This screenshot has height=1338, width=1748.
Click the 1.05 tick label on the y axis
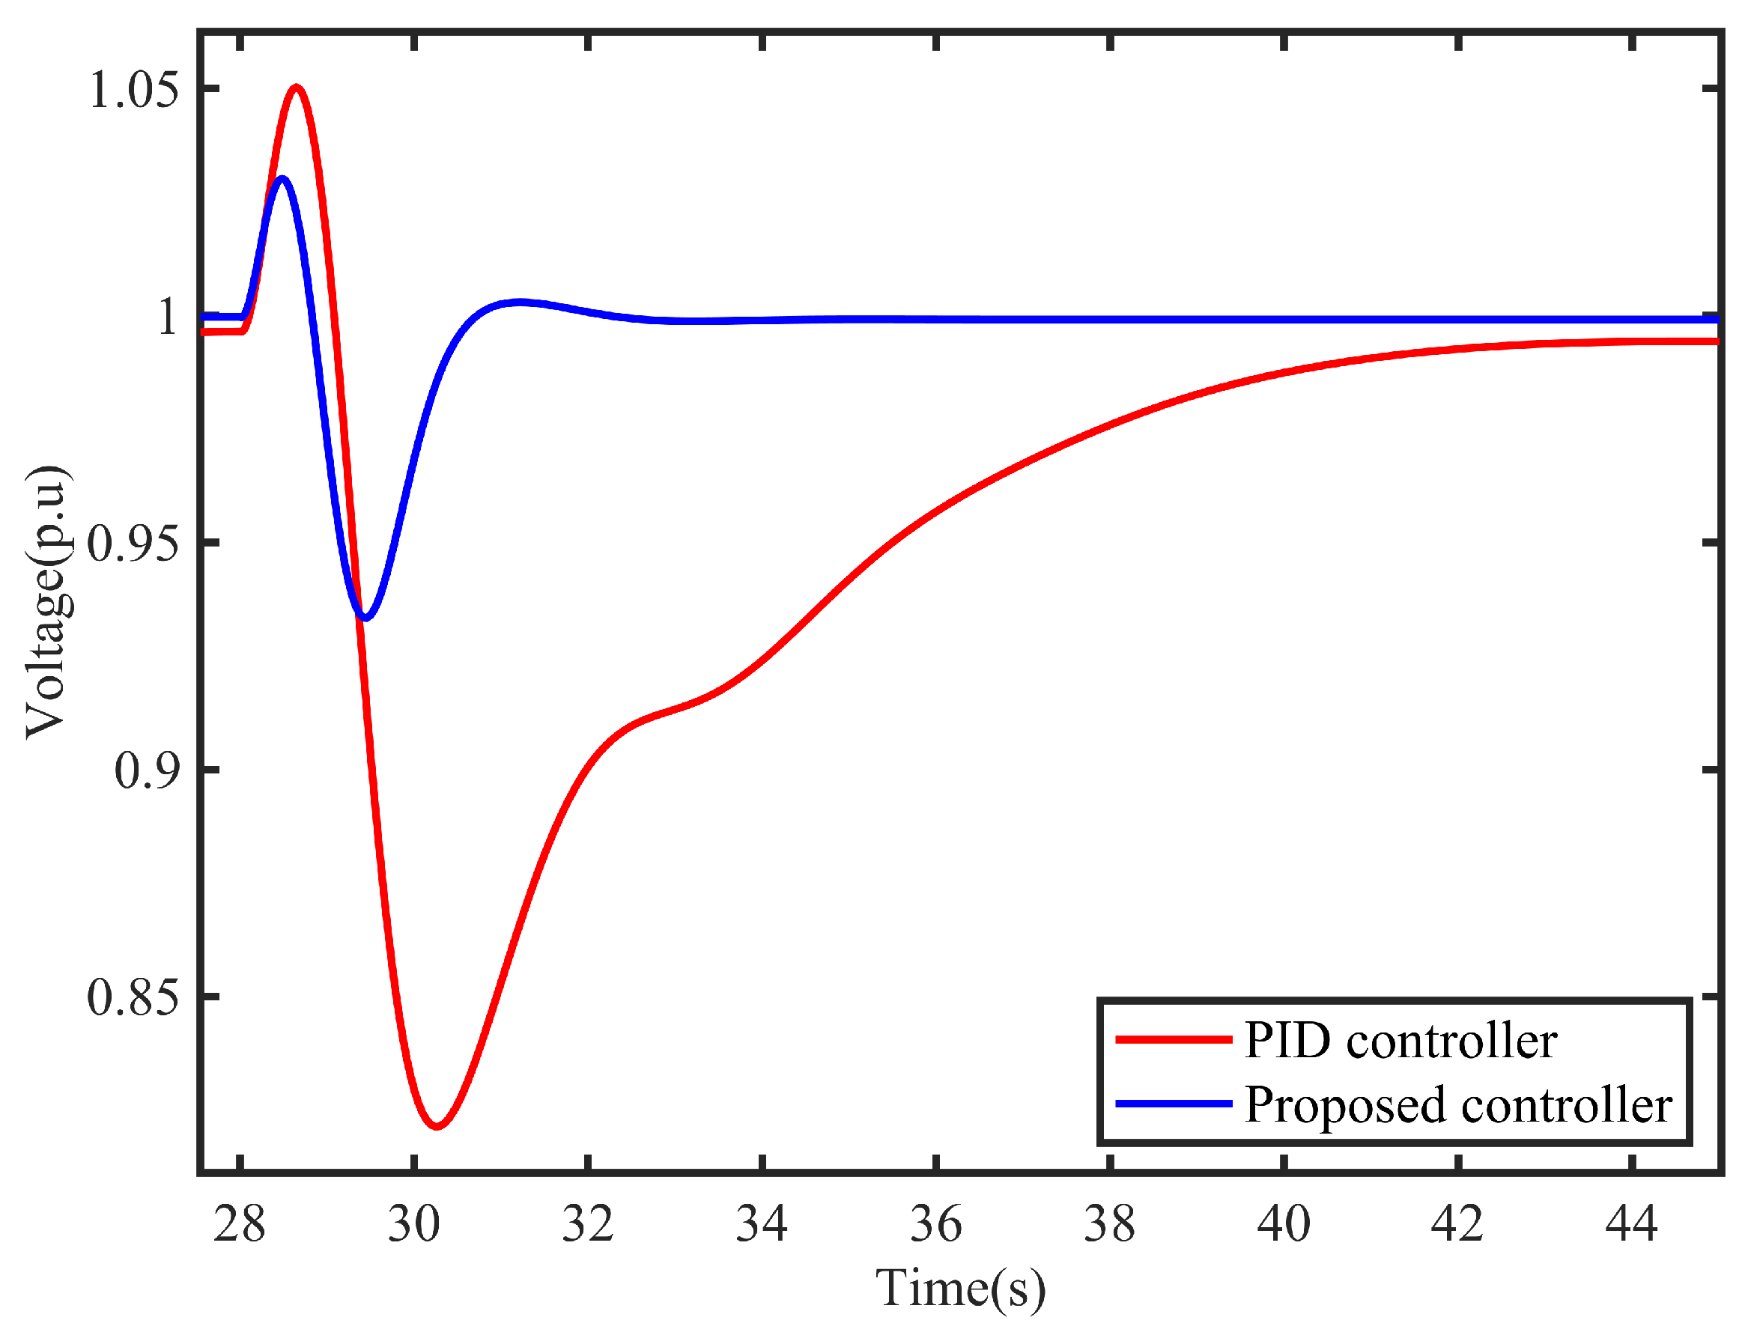pos(133,89)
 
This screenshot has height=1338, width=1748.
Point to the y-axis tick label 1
pos(168,317)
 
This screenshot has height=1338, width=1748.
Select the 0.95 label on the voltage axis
pos(133,544)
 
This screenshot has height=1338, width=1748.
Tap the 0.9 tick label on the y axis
pos(146,770)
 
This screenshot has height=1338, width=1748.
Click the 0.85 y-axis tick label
pos(133,997)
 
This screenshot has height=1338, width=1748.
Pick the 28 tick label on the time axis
pos(239,1224)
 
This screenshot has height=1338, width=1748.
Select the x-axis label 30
pos(413,1224)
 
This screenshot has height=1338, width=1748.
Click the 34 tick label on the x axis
pos(762,1224)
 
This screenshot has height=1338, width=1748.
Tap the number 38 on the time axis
pos(1110,1224)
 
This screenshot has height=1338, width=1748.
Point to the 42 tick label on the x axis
pos(1457,1224)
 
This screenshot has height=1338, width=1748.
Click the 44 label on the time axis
pos(1632,1224)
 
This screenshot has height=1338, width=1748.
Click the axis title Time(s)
pos(960,1288)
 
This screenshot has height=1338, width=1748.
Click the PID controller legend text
pos(1400,1040)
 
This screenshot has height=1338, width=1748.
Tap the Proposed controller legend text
pos(1458,1104)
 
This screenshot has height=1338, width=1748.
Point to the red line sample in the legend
pos(1174,1039)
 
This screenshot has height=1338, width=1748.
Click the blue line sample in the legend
pos(1174,1104)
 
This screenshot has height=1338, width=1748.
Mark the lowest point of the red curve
pos(436,1126)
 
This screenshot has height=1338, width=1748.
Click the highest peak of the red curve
pos(297,87)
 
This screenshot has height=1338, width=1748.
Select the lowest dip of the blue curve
pos(365,617)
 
